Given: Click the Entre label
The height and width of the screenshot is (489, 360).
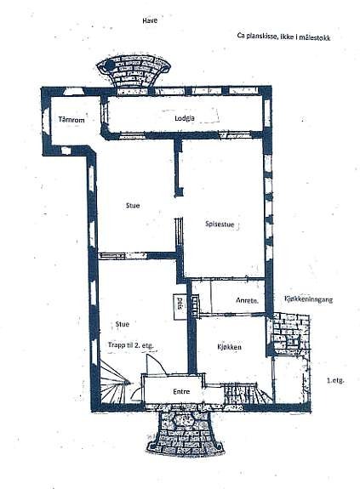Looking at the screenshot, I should [180, 391].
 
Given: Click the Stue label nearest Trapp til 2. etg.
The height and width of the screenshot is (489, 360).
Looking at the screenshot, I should [123, 324].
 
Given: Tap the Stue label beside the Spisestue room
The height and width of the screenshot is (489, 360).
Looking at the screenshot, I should [132, 205].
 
